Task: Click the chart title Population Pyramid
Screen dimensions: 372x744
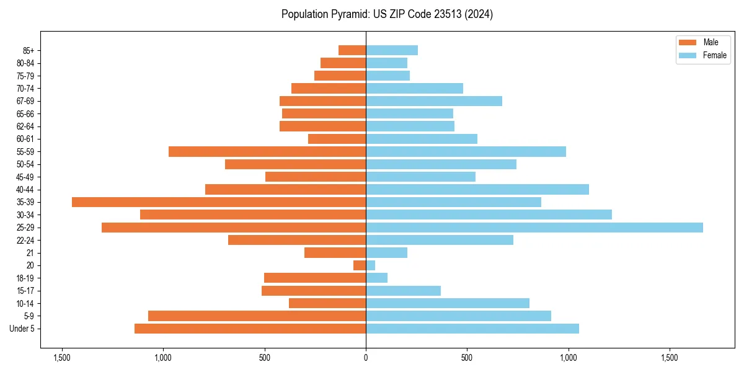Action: tap(387, 14)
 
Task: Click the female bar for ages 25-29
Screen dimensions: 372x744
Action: tap(534, 228)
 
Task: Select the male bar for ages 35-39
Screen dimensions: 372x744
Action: tap(219, 202)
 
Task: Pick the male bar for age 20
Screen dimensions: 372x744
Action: tap(360, 265)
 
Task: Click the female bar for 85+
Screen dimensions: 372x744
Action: tap(392, 50)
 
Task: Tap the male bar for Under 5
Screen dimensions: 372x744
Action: tap(250, 329)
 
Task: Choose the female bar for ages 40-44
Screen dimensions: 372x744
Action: tap(477, 189)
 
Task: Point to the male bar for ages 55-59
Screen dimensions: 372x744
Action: tap(267, 151)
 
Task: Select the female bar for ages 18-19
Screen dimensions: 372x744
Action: tap(377, 278)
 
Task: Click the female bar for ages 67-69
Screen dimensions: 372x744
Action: tap(434, 101)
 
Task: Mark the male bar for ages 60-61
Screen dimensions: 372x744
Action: tap(337, 139)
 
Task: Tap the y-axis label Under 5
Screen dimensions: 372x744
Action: tap(22, 329)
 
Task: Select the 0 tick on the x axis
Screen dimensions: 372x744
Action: tap(366, 358)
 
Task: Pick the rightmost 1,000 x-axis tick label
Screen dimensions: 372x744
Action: tap(569, 358)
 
